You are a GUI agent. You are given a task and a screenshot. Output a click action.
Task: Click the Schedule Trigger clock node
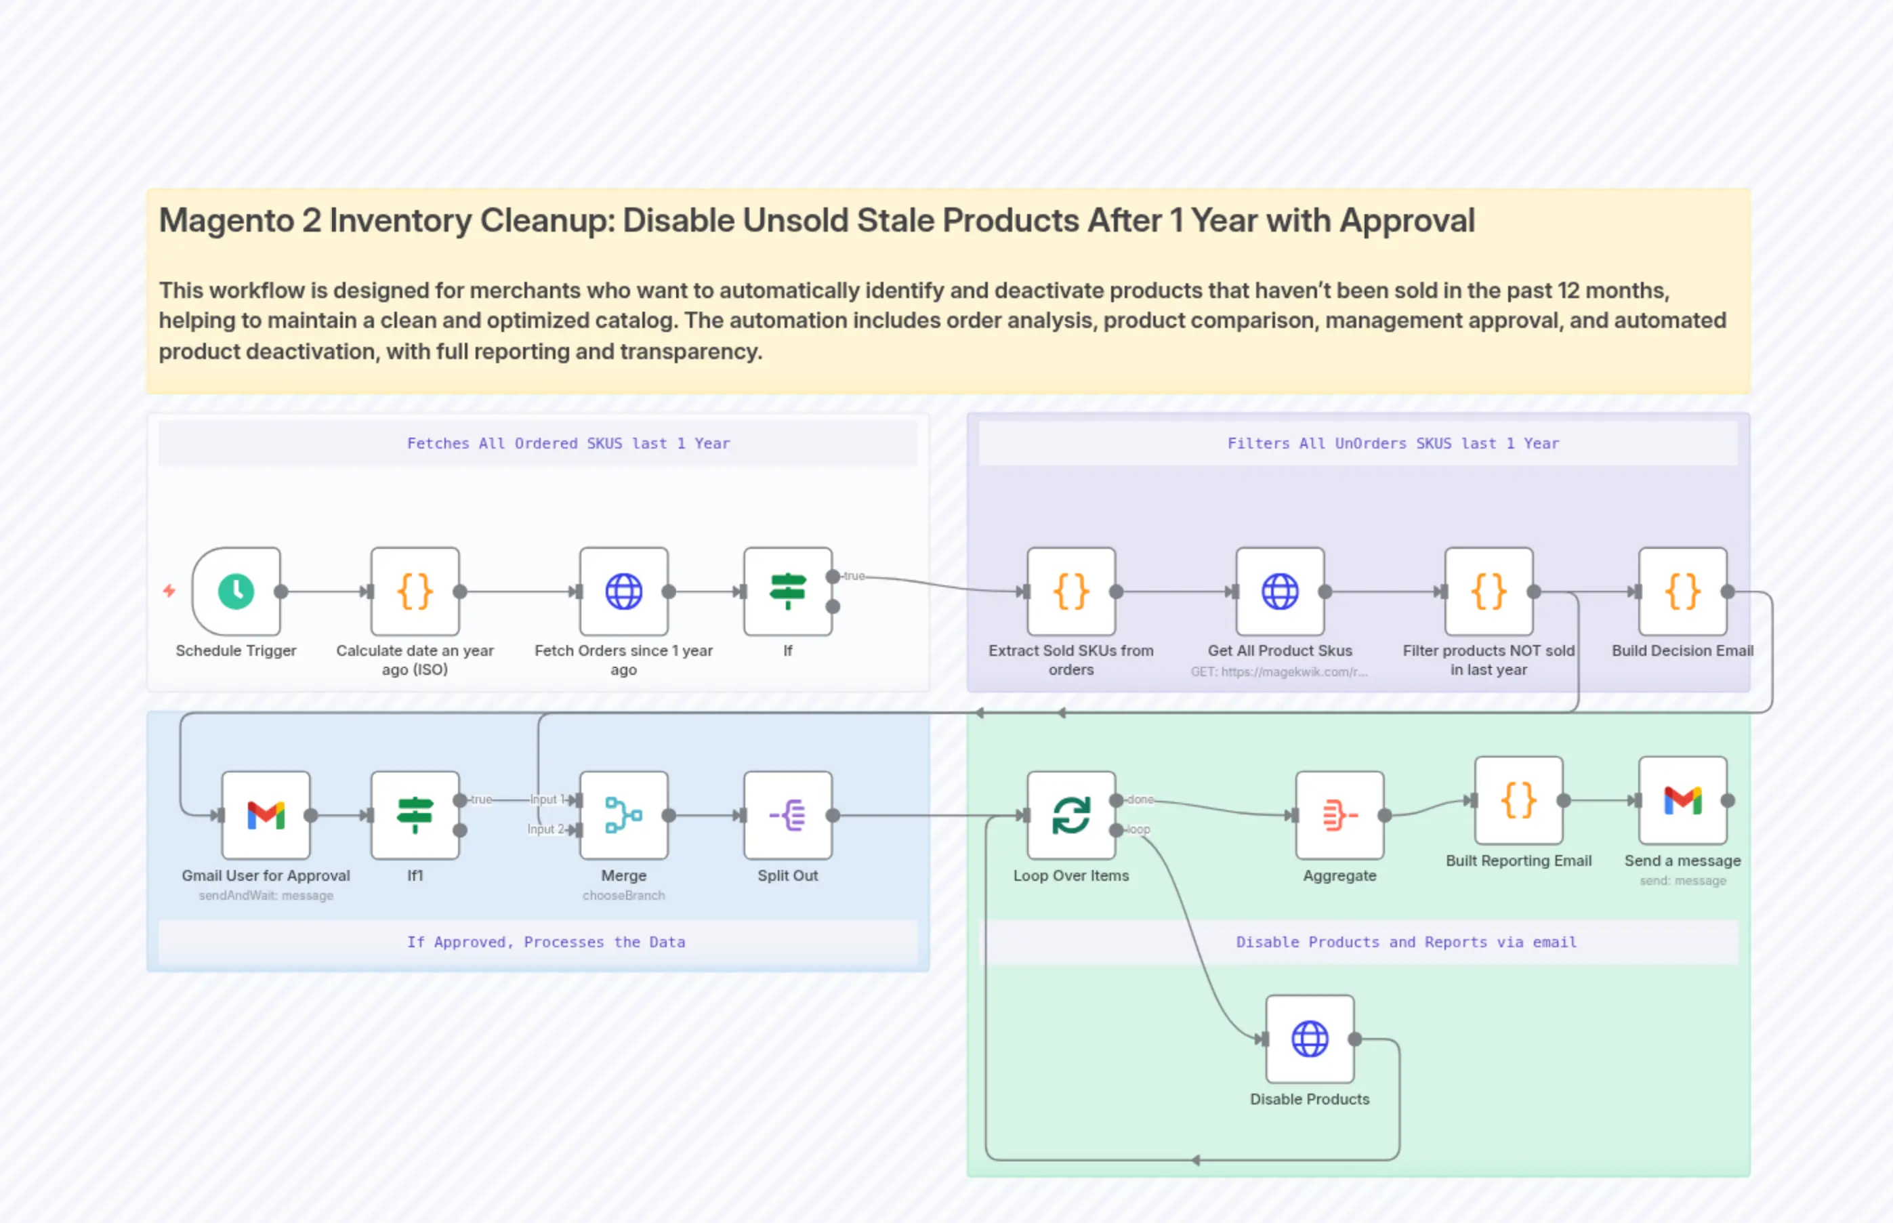pyautogui.click(x=236, y=591)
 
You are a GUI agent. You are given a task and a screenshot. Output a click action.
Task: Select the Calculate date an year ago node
pyautogui.click(x=415, y=591)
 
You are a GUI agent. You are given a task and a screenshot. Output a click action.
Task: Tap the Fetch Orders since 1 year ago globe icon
pyautogui.click(x=623, y=591)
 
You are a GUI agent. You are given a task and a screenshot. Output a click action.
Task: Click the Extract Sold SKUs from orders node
pyautogui.click(x=1070, y=591)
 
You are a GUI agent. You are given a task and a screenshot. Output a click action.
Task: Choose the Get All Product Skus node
pyautogui.click(x=1279, y=591)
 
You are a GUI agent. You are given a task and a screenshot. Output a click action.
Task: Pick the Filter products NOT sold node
pyautogui.click(x=1488, y=591)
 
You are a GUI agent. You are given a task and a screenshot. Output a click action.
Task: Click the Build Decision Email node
pyautogui.click(x=1682, y=591)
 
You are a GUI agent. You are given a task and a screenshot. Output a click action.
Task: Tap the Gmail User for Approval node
pyautogui.click(x=265, y=815)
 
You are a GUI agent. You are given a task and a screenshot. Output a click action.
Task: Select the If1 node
pyautogui.click(x=415, y=815)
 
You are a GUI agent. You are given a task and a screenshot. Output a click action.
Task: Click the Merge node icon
pyautogui.click(x=623, y=815)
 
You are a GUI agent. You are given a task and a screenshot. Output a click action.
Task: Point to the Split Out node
pyautogui.click(x=787, y=815)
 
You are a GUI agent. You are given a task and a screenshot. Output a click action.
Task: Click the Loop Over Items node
pyautogui.click(x=1070, y=815)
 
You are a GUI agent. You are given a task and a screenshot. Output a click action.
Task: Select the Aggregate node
pyautogui.click(x=1339, y=815)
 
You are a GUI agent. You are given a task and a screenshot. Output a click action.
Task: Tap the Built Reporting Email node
pyautogui.click(x=1518, y=800)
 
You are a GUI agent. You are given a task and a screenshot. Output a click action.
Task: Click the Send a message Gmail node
pyautogui.click(x=1682, y=800)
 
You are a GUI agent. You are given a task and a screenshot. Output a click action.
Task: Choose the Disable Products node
pyautogui.click(x=1310, y=1039)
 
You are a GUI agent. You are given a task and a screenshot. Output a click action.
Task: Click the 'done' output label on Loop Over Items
pyautogui.click(x=1140, y=800)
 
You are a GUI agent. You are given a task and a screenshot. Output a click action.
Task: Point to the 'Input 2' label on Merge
pyautogui.click(x=545, y=829)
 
